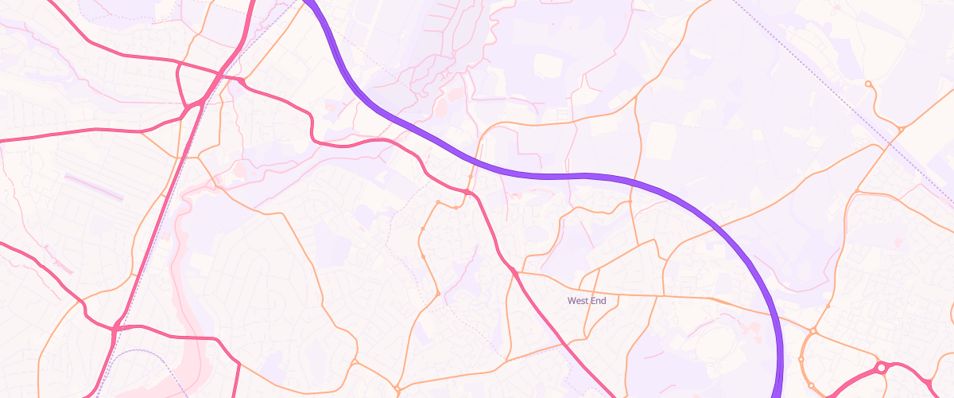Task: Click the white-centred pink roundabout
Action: (881, 368)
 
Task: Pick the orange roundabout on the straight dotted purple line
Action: (901, 128)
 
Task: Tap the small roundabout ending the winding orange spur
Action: (867, 84)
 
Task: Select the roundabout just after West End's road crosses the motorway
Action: (812, 331)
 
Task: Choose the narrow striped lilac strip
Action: (94, 186)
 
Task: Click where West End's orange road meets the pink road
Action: (516, 273)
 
